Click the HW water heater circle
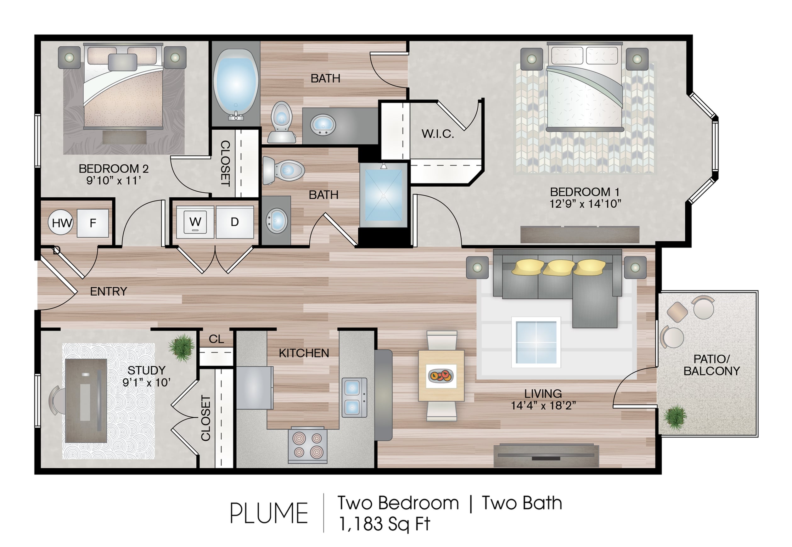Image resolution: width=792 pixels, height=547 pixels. [61, 223]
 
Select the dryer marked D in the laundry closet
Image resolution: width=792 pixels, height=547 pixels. [235, 222]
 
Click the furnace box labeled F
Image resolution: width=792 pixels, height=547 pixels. [93, 223]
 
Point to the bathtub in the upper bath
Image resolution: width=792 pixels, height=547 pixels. [236, 84]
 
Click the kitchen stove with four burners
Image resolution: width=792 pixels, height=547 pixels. [308, 445]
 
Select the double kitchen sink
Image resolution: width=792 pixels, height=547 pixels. [354, 398]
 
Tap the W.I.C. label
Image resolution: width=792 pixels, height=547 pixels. [437, 134]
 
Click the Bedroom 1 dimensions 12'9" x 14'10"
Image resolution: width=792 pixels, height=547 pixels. [585, 204]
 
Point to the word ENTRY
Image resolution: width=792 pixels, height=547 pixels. [109, 291]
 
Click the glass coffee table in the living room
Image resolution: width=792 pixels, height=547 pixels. [536, 342]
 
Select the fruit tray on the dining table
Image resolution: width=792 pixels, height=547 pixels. [441, 376]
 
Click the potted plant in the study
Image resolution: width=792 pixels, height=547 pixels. [182, 347]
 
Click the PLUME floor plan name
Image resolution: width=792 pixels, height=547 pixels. [269, 513]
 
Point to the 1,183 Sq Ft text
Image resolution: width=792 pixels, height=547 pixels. [384, 524]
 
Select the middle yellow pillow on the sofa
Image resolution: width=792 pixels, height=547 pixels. [559, 267]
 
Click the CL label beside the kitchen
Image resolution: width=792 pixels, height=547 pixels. [216, 339]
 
